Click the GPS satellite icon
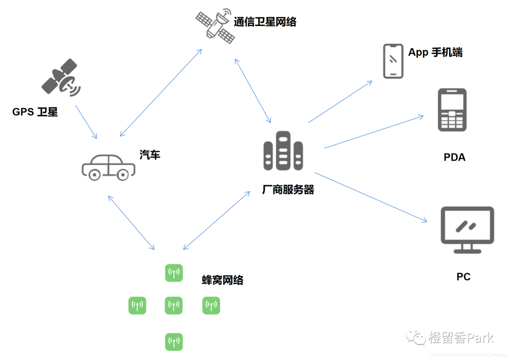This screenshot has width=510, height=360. pyautogui.click(x=60, y=77)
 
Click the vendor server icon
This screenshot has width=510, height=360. pyautogui.click(x=283, y=151)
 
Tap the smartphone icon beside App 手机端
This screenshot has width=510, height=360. pyautogui.click(x=393, y=61)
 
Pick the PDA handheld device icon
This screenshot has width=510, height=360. pyautogui.click(x=452, y=109)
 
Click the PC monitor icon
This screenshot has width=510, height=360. pyautogui.click(x=467, y=229)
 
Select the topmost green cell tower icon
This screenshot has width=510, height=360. pyautogui.click(x=174, y=273)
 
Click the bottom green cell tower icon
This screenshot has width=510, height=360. pyautogui.click(x=174, y=342)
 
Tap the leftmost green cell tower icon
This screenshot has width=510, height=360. pyautogui.click(x=137, y=306)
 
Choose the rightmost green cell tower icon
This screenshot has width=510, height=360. pyautogui.click(x=211, y=306)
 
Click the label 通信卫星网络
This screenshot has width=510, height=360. pyautogui.click(x=265, y=22)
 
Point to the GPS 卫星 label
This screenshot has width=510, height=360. pyautogui.click(x=35, y=112)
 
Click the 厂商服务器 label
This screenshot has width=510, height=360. pyautogui.click(x=288, y=190)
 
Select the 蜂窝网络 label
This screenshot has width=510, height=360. pyautogui.click(x=222, y=280)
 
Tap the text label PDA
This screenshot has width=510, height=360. pyautogui.click(x=454, y=157)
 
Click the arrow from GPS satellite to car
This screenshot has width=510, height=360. pyautogui.click(x=86, y=121)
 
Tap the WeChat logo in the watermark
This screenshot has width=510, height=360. pyautogui.click(x=417, y=337)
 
